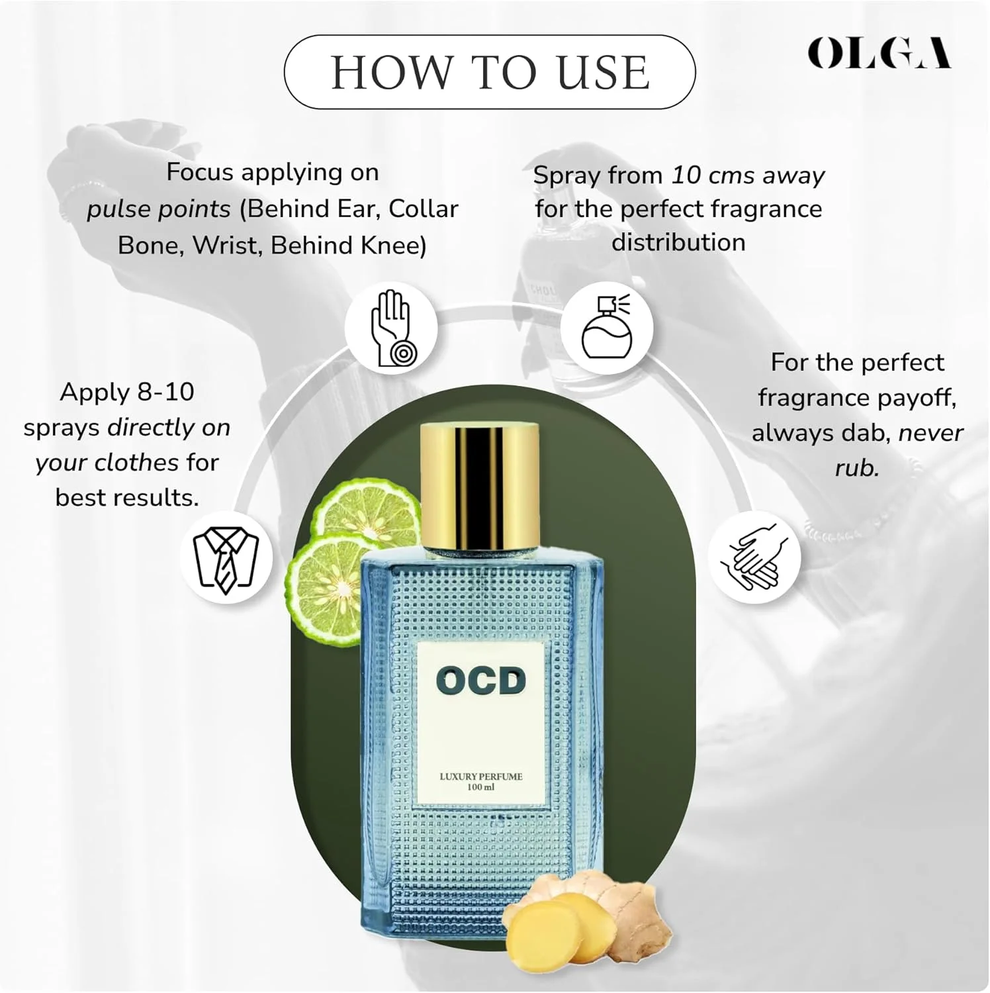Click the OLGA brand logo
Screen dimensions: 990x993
tap(879, 53)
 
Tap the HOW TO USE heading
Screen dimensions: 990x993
tap(490, 72)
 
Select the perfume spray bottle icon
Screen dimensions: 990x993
tap(607, 327)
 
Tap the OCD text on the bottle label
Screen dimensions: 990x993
tap(481, 682)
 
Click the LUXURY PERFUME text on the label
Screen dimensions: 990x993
tap(481, 777)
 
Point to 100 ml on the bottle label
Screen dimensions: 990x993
tap(481, 787)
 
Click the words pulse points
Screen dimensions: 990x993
tap(159, 210)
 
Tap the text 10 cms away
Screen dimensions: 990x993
tap(748, 175)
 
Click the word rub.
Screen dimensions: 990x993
tap(857, 468)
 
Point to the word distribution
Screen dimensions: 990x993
tap(678, 242)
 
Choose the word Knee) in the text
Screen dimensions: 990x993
tap(394, 246)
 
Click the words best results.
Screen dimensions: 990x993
tap(127, 498)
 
